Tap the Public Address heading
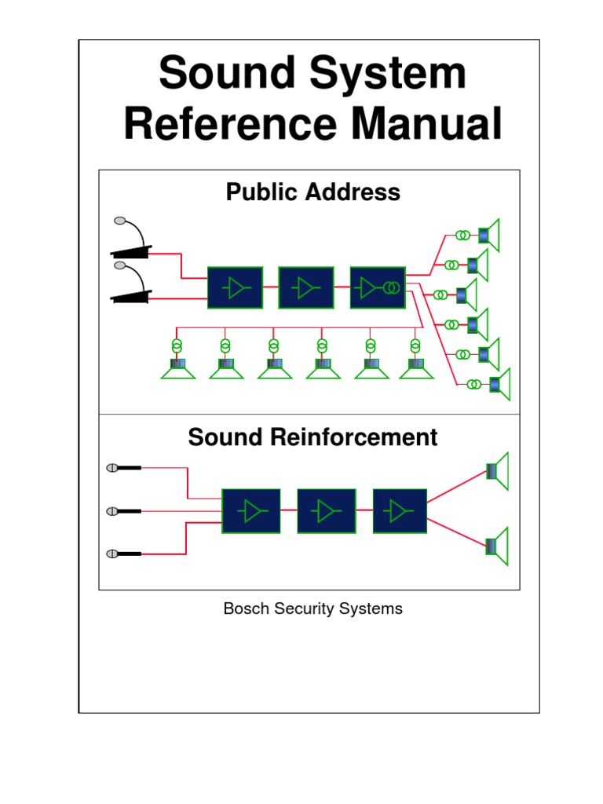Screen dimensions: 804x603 (312, 192)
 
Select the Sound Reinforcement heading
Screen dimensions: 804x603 (312, 437)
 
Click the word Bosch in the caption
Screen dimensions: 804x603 (247, 608)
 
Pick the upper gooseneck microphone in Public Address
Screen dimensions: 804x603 (131, 239)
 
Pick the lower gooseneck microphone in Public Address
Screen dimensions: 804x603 (131, 283)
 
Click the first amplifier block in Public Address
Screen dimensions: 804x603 (235, 288)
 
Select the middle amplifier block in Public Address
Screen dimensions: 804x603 (305, 288)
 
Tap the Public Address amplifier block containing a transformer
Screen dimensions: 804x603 (378, 288)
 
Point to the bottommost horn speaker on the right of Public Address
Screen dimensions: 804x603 (499, 384)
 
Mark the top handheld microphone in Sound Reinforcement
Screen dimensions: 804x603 (123, 468)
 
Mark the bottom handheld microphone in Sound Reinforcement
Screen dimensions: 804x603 (123, 554)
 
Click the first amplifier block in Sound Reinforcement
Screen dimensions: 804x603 (250, 511)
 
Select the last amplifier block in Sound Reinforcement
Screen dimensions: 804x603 (400, 511)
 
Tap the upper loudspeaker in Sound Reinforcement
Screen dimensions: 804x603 (497, 471)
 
